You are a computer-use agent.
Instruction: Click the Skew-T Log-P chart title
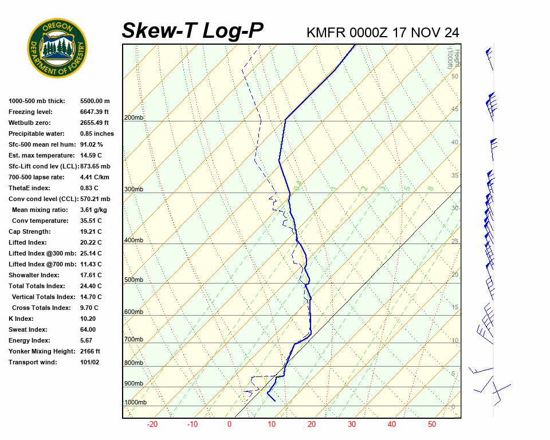pyautogui.click(x=192, y=31)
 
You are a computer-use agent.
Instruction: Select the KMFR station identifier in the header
pyautogui.click(x=326, y=33)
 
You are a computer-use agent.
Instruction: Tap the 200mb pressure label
pyautogui.click(x=133, y=118)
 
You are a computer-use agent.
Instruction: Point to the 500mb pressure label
pyautogui.click(x=133, y=280)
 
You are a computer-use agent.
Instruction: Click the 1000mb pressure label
pyautogui.click(x=135, y=403)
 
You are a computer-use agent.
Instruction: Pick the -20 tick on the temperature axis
pyautogui.click(x=152, y=425)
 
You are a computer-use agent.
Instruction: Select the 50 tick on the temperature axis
pyautogui.click(x=432, y=425)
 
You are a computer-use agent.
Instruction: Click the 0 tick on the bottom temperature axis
pyautogui.click(x=229, y=425)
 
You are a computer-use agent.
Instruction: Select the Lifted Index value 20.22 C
pyautogui.click(x=91, y=242)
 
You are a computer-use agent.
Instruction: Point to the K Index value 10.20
pyautogui.click(x=88, y=319)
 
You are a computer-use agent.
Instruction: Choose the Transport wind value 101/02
pyautogui.click(x=89, y=362)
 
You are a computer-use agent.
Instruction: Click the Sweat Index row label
pyautogui.click(x=28, y=329)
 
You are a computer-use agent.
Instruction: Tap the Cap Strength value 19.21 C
pyautogui.click(x=91, y=231)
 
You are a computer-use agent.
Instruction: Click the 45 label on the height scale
pyautogui.click(x=455, y=109)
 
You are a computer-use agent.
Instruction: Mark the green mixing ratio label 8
pyautogui.click(x=431, y=187)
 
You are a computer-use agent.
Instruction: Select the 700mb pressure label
pyautogui.click(x=133, y=340)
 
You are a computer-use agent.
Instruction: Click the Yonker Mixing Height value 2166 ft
pyautogui.click(x=90, y=351)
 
